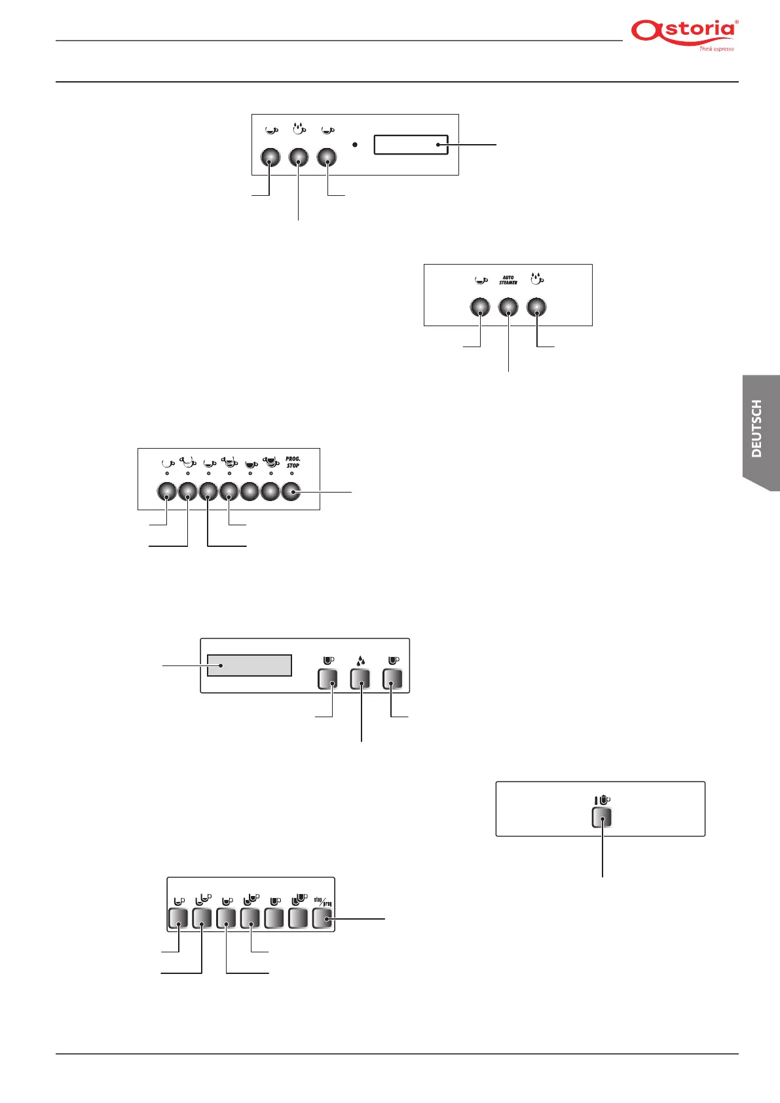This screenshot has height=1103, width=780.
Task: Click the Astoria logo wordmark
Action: (684, 31)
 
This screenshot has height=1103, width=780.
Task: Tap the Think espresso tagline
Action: (716, 48)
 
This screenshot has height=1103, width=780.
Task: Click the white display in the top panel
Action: (411, 145)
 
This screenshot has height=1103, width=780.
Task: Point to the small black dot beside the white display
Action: (354, 144)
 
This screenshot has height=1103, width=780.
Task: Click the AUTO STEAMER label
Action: (508, 280)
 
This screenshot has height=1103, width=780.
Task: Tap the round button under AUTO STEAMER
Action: (508, 307)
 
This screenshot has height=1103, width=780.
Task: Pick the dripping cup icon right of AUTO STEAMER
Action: (537, 279)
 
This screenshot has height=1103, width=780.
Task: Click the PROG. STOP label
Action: (293, 462)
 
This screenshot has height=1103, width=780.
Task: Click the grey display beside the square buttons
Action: (249, 665)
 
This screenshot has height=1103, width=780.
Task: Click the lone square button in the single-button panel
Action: (601, 817)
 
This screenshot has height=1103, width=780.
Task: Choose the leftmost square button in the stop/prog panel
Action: (178, 918)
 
